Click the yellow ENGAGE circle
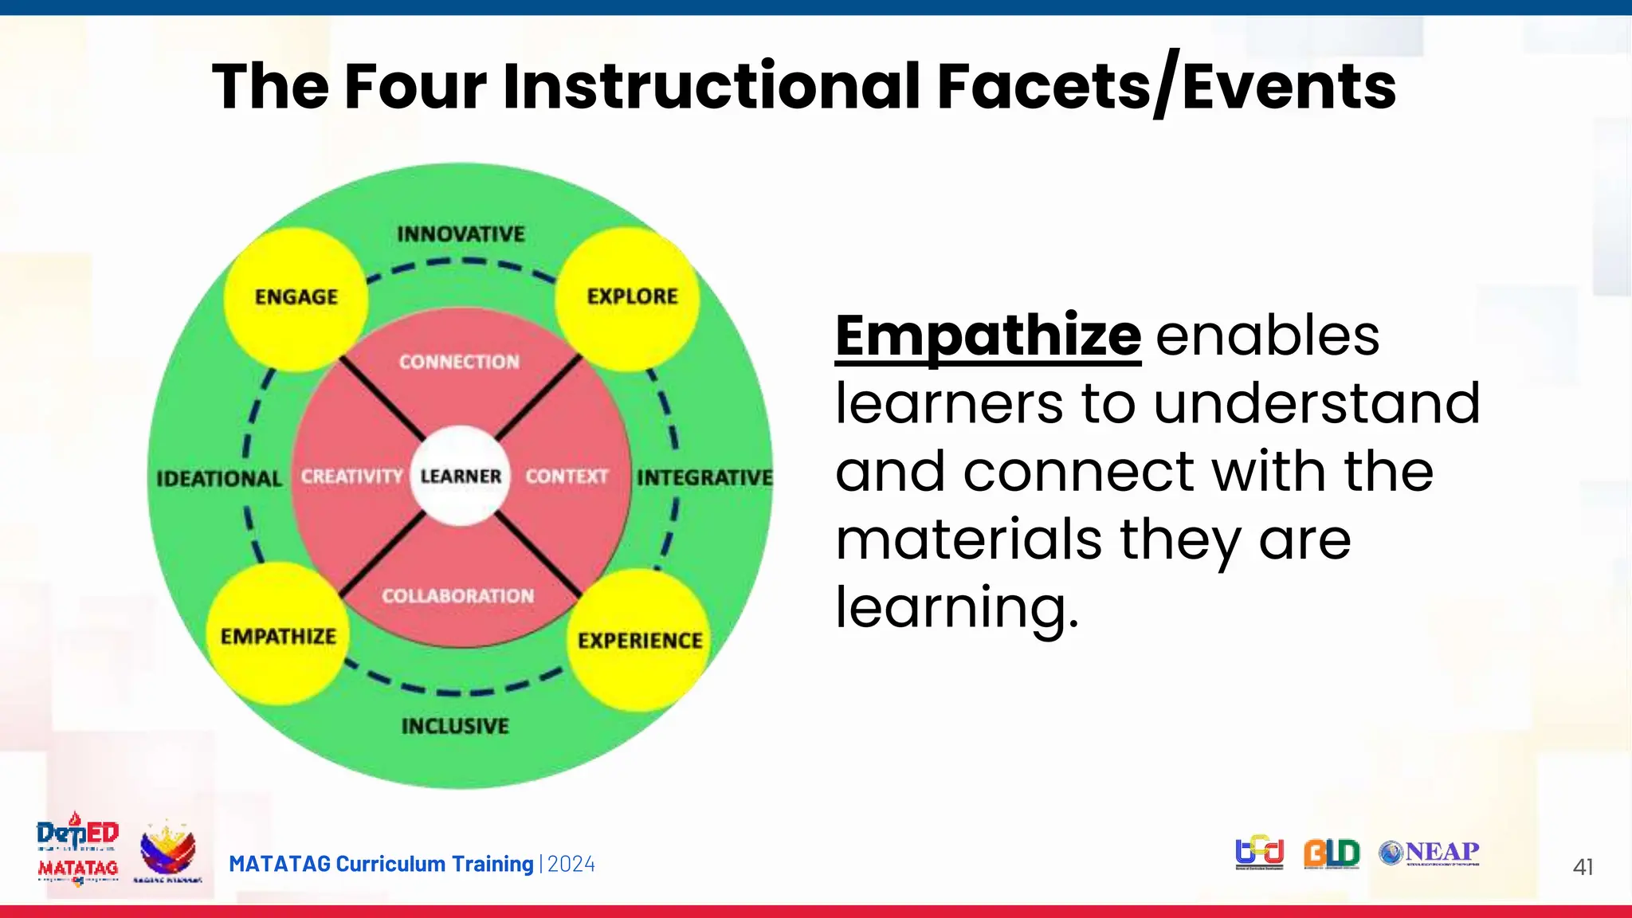pos(296,299)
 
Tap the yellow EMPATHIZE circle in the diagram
pos(278,635)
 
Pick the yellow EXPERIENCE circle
pos(640,640)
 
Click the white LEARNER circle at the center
pos(461,477)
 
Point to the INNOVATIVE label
pos(461,234)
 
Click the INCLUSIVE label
pos(455,726)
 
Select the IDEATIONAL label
pos(219,479)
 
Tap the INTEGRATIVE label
pos(704,477)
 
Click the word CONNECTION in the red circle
pos(459,362)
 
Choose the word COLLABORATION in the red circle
pos(457,596)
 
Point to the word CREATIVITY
pos(351,477)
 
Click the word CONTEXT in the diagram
pos(567,477)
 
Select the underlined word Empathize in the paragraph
pos(988,335)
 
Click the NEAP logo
pos(1430,853)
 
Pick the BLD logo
pos(1332,853)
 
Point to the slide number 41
pos(1583,867)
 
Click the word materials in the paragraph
pos(968,539)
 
